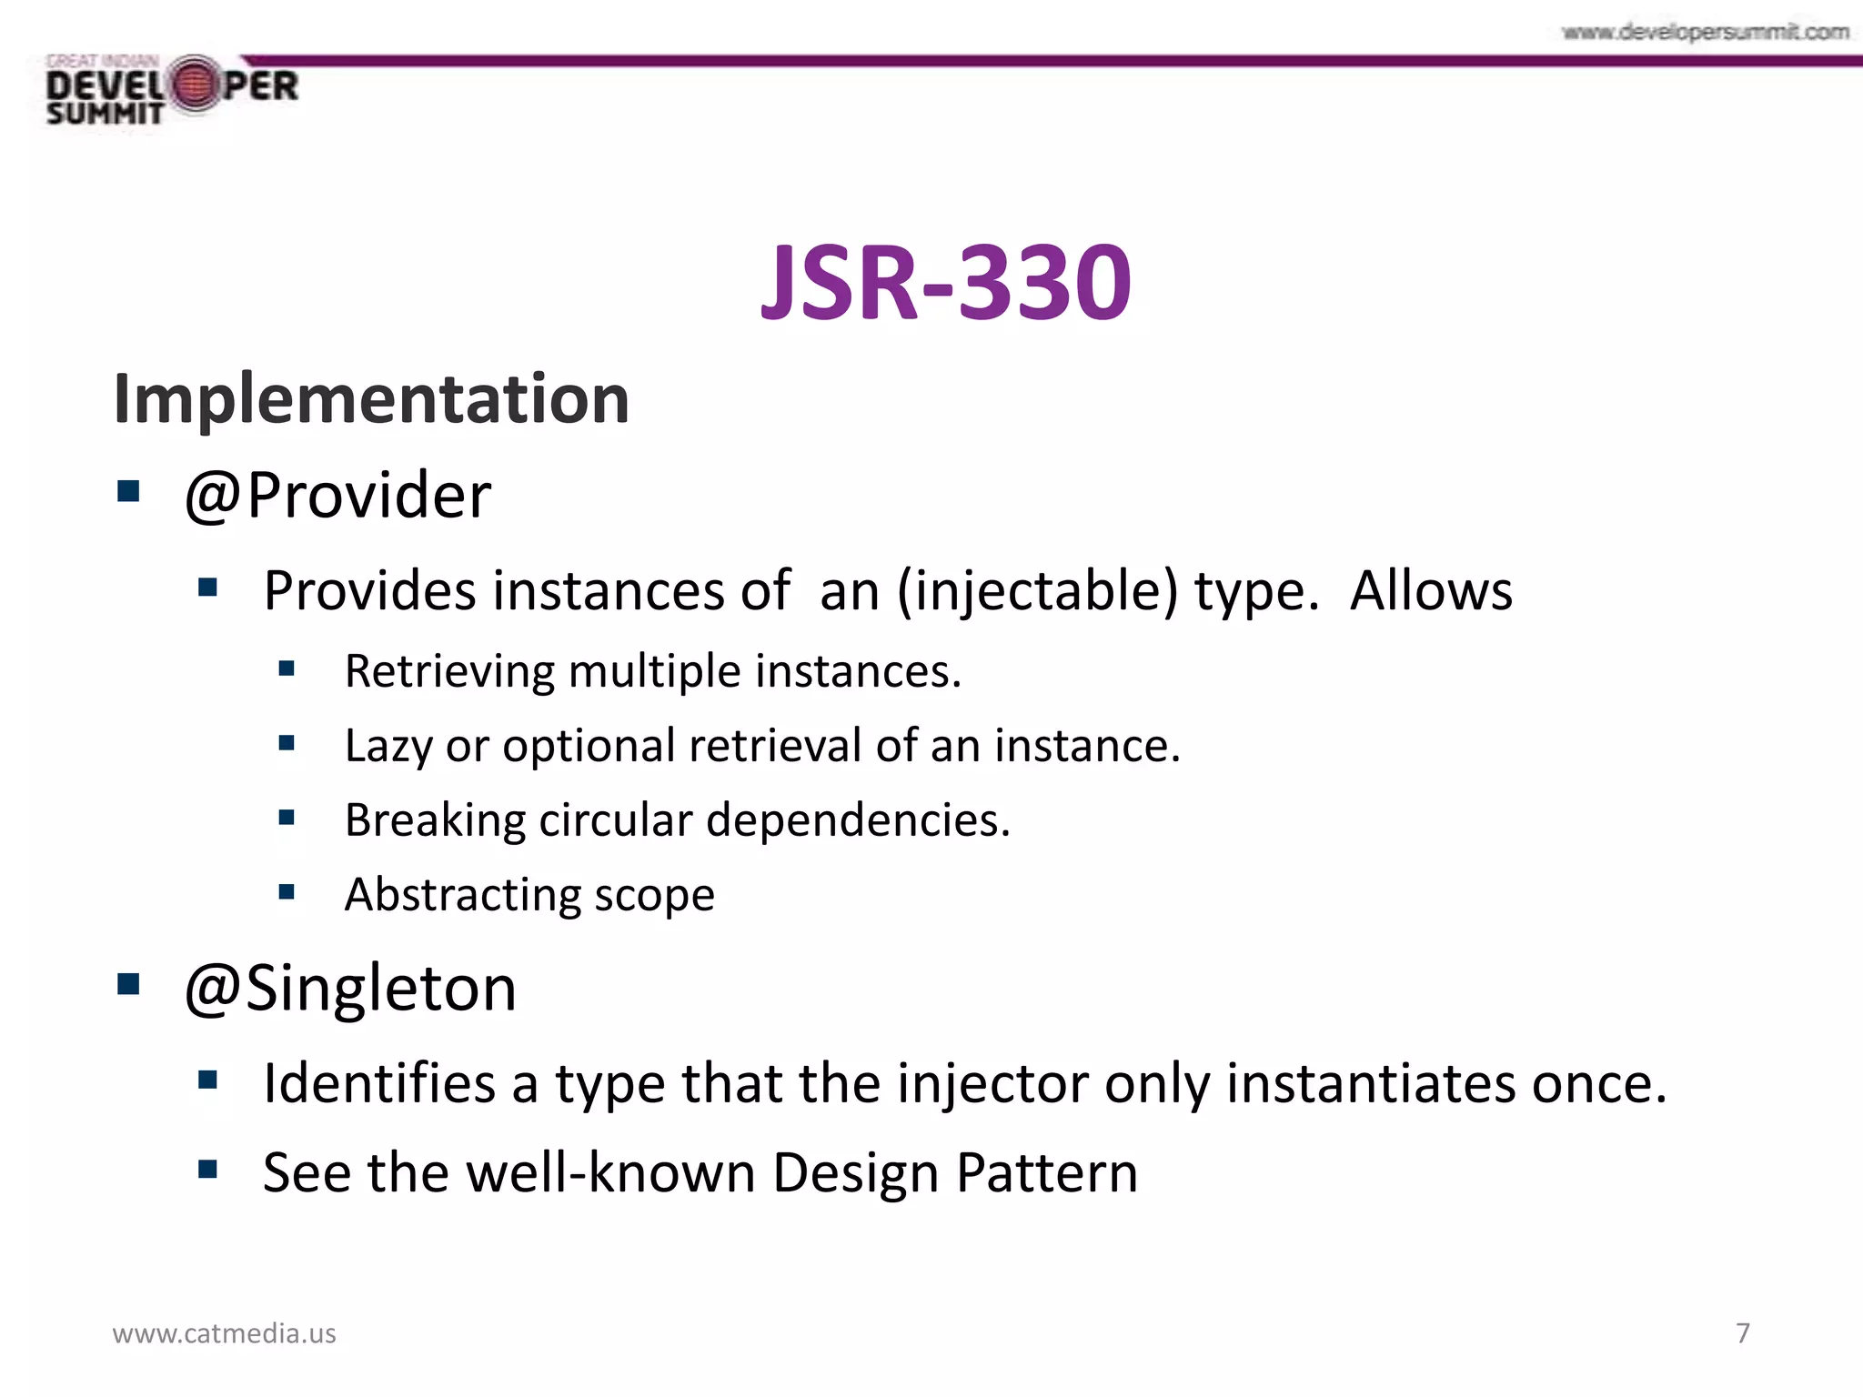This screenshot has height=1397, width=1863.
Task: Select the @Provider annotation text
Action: point(337,496)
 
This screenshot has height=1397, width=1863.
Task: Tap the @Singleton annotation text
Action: point(350,988)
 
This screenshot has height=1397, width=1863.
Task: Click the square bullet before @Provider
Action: point(128,492)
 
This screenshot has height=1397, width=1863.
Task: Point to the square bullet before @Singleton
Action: point(128,984)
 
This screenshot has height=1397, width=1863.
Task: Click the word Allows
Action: point(1431,591)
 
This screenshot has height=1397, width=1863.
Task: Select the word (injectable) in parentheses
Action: point(1037,591)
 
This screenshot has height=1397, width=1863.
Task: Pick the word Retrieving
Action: point(449,671)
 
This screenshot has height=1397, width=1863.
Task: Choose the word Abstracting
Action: point(463,895)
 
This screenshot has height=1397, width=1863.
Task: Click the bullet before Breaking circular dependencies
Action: point(287,818)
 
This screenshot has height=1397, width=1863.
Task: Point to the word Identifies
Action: point(379,1083)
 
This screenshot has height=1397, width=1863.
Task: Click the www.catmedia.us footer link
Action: point(224,1333)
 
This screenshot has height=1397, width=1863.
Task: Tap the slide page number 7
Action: point(1743,1333)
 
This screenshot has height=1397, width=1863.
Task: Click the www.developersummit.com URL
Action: point(1706,33)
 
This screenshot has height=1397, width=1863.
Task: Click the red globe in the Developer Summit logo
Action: point(193,85)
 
